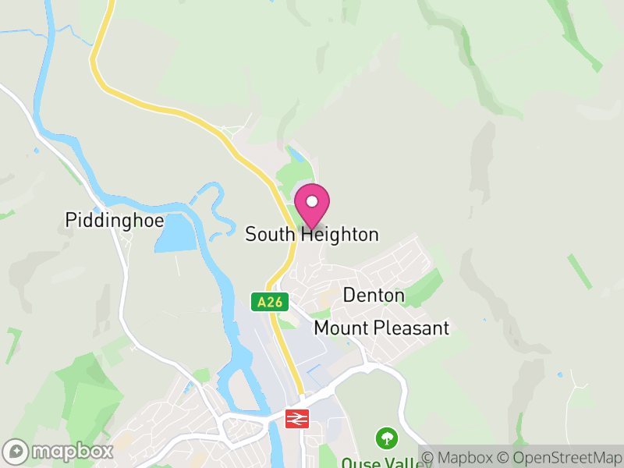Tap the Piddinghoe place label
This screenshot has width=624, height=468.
coord(115,221)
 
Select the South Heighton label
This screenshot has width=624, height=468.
coord(312,234)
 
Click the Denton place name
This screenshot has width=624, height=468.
coord(374,296)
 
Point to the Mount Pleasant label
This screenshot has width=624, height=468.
coord(381,328)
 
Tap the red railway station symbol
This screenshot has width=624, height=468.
coord(296,419)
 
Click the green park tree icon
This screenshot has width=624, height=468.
coord(385,438)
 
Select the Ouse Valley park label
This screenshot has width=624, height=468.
coord(374,463)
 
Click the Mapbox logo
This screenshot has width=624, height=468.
coord(58,452)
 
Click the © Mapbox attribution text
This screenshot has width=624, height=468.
coord(460,457)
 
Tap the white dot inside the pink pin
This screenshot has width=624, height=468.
coord(312,201)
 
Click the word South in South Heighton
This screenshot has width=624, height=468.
coord(270,234)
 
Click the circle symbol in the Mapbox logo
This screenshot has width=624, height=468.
coord(16,452)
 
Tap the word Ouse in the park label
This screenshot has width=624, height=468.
coord(358,463)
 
